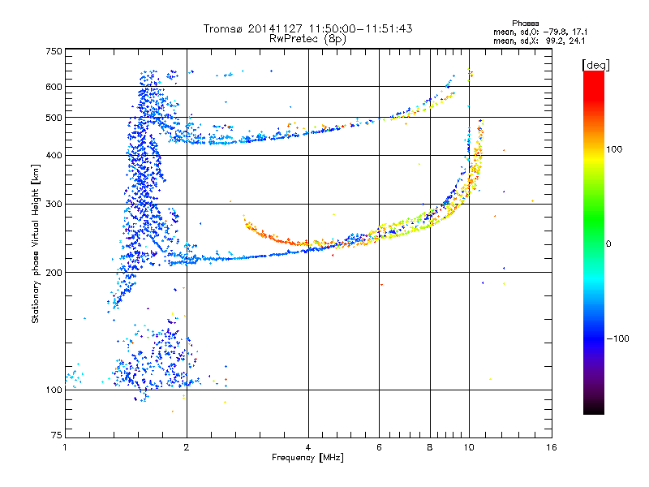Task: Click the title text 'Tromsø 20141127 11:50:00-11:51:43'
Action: pos(307,28)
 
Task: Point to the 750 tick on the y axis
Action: pos(54,50)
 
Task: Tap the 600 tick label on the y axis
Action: pos(54,87)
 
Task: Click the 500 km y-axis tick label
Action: pos(54,118)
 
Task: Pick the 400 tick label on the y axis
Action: pos(54,155)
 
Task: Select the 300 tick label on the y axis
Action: pos(54,204)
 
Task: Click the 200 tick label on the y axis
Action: pos(54,273)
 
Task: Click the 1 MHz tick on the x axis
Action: pos(65,447)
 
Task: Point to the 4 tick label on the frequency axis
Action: pos(308,447)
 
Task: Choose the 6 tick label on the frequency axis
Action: pos(379,447)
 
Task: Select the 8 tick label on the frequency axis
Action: pos(430,447)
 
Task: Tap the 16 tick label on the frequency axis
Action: pos(551,447)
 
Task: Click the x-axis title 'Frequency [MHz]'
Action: pos(307,459)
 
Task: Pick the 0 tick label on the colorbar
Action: pos(610,243)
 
